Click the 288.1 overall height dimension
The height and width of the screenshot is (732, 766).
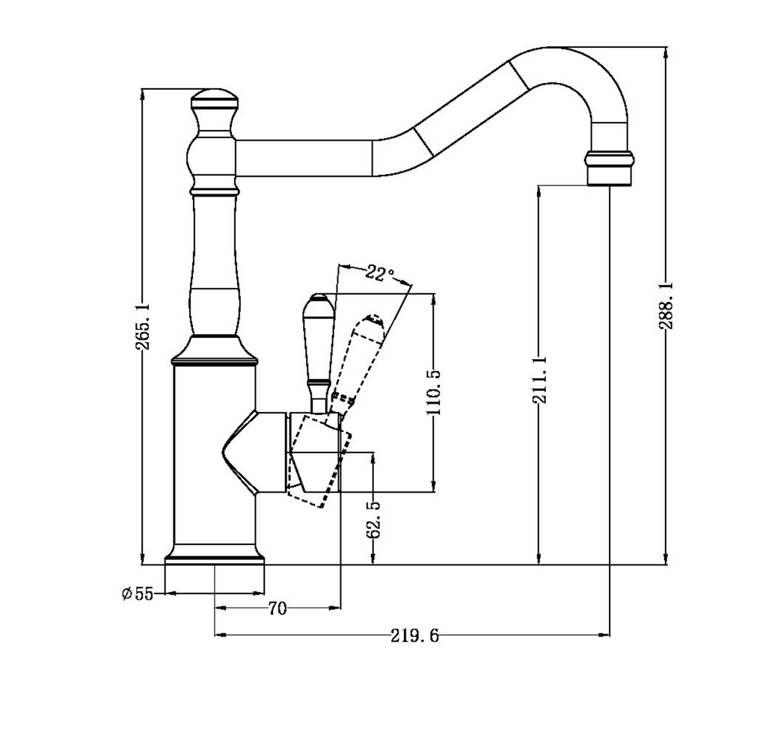click(666, 306)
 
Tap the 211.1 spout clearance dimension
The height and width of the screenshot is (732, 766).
click(539, 379)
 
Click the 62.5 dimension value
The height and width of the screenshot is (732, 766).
click(373, 519)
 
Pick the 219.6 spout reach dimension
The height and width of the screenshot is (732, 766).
click(414, 636)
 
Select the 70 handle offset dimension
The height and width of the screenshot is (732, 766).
click(277, 609)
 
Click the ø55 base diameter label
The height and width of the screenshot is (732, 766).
click(138, 594)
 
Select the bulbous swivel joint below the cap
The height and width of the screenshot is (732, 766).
click(214, 157)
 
